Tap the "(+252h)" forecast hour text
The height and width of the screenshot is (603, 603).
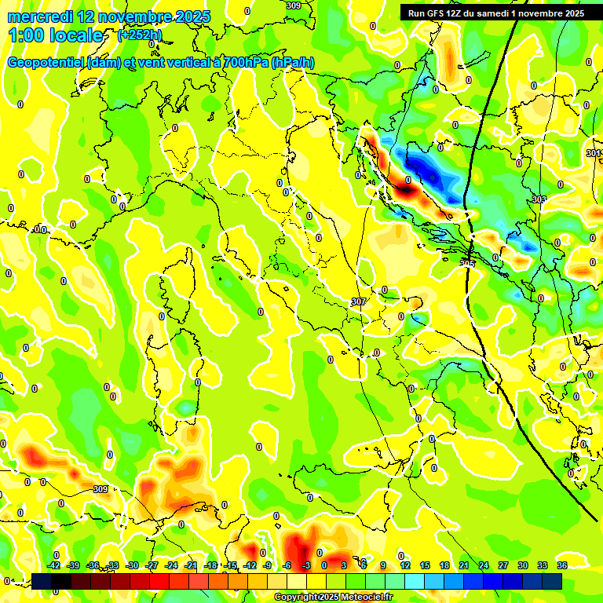tap(140, 35)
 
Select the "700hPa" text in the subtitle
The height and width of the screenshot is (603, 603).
tap(243, 63)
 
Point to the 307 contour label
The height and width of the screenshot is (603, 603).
tap(358, 301)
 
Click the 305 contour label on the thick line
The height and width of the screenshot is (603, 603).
tap(468, 262)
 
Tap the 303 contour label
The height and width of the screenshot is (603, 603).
tap(539, 199)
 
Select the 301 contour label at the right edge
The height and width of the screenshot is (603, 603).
tap(594, 152)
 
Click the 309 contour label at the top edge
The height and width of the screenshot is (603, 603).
tap(293, 5)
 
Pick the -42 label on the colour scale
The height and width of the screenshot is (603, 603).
tap(54, 565)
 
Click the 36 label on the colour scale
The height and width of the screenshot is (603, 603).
tap(562, 565)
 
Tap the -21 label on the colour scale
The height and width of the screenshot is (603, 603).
tap(191, 565)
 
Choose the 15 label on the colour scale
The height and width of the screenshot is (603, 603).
tap(425, 565)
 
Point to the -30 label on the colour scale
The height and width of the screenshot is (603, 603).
tap(133, 565)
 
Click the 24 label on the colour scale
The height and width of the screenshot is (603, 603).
tap(484, 565)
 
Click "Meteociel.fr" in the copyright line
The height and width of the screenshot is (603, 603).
tap(367, 597)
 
